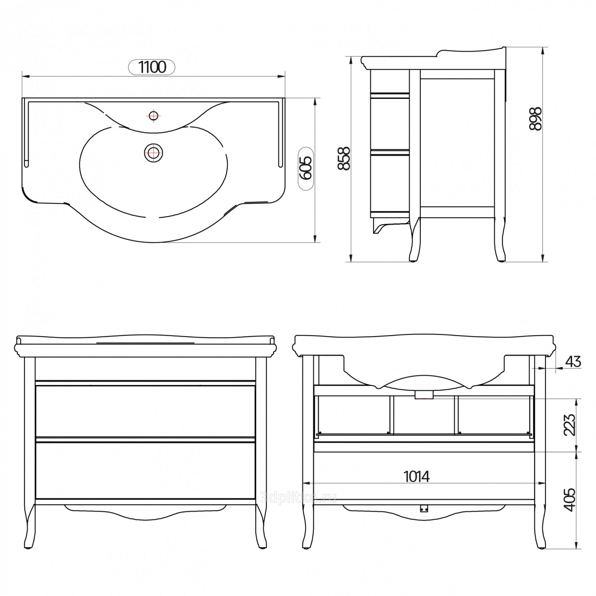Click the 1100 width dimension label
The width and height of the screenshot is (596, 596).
point(152,67)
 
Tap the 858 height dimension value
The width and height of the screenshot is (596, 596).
point(344,159)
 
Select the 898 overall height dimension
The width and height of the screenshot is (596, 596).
point(535,118)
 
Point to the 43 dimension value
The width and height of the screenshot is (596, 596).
point(573,362)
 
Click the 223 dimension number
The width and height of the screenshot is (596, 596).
point(569,425)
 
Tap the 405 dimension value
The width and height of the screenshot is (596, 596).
point(569,500)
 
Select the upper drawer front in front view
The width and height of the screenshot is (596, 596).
point(145,411)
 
